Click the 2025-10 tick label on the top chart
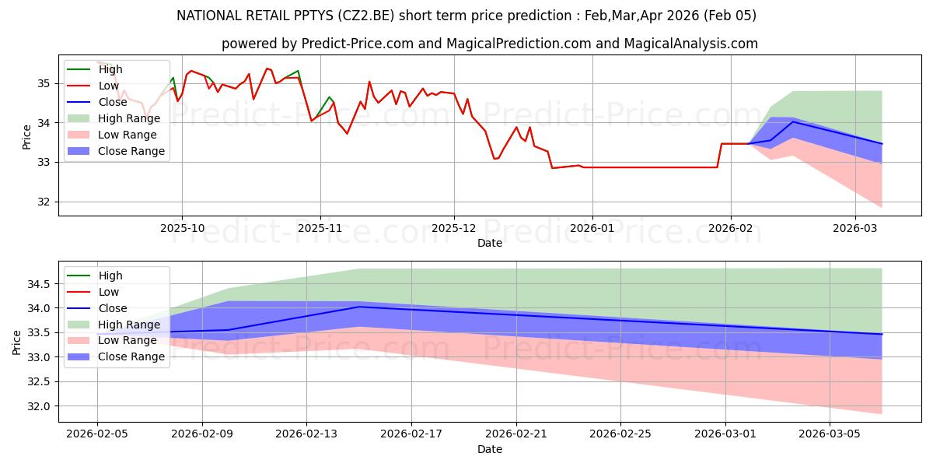[x=182, y=229]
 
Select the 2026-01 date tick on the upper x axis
[x=592, y=229]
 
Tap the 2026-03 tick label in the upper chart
[x=854, y=229]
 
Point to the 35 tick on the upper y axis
[x=44, y=83]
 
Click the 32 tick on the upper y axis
[x=44, y=202]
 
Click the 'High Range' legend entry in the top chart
[x=129, y=118]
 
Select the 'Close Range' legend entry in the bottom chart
[x=131, y=356]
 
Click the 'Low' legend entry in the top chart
[x=109, y=86]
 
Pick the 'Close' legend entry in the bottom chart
[x=114, y=308]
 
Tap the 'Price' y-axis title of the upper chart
[x=27, y=137]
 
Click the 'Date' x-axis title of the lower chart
[x=490, y=449]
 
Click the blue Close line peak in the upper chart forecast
[x=793, y=121]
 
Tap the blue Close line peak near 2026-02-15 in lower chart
[x=359, y=307]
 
